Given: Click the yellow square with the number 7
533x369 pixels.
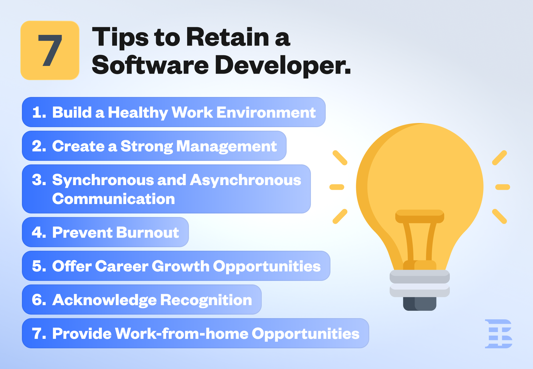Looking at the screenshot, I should (50, 50).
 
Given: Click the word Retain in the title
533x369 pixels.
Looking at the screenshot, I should (227, 38).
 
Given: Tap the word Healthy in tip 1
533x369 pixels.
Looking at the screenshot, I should (138, 113).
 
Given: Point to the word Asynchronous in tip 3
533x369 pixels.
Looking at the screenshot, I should (245, 180).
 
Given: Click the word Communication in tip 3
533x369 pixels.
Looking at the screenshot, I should (113, 199).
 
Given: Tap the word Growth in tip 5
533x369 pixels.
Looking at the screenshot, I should (181, 266).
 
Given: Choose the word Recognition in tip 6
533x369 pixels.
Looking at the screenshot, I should (206, 300).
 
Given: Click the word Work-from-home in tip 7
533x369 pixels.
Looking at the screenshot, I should (181, 334).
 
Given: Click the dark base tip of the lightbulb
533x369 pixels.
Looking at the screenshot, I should (420, 304).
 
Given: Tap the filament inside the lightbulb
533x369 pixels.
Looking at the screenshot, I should (420, 237).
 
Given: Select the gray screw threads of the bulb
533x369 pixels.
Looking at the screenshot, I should (420, 283).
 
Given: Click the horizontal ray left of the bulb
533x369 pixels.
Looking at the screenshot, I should (337, 187).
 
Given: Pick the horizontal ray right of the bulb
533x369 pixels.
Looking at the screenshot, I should (503, 187).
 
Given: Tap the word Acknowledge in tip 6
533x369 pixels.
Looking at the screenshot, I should (104, 300).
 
